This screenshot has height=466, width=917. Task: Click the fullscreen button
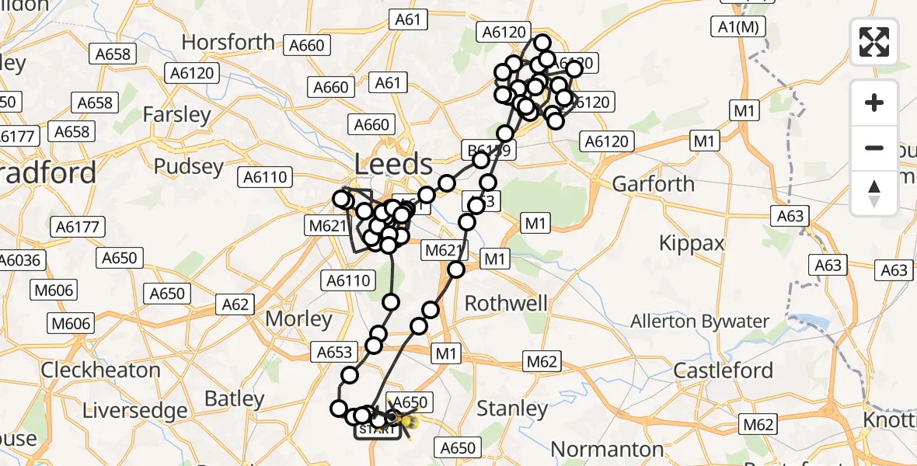click(x=874, y=41)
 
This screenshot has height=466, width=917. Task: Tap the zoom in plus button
click(x=874, y=103)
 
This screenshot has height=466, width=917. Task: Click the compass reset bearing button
click(x=874, y=193)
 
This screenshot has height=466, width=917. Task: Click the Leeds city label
click(x=393, y=165)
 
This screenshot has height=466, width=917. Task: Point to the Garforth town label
click(x=654, y=184)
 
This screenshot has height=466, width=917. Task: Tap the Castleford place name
click(x=723, y=370)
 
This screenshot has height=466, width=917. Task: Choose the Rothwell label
click(x=506, y=303)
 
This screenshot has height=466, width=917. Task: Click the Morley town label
click(x=298, y=319)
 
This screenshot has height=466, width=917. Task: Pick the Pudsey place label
click(x=189, y=166)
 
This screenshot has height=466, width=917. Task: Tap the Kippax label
click(x=692, y=243)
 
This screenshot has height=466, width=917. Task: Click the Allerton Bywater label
click(x=699, y=322)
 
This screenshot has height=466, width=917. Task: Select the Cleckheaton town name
click(x=100, y=370)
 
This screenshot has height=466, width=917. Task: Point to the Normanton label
click(x=608, y=449)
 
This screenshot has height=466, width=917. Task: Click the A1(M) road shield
click(x=738, y=26)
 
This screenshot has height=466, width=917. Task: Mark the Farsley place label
click(x=177, y=115)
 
